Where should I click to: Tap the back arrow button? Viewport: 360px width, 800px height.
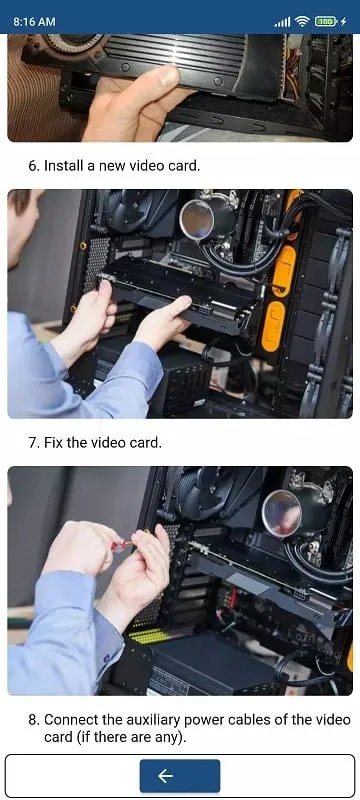pyautogui.click(x=179, y=776)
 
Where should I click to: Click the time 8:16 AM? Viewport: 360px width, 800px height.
pyautogui.click(x=35, y=22)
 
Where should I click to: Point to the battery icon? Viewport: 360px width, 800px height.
pyautogui.click(x=325, y=21)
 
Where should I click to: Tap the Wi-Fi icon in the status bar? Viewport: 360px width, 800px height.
pyautogui.click(x=302, y=21)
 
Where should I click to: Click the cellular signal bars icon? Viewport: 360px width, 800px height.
pyautogui.click(x=282, y=22)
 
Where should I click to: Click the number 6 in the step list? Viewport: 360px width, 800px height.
pyautogui.click(x=33, y=166)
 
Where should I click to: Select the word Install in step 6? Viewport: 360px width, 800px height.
pyautogui.click(x=63, y=166)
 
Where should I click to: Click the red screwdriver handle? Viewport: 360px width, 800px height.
pyautogui.click(x=122, y=545)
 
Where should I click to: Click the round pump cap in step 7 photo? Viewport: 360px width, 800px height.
pyautogui.click(x=282, y=513)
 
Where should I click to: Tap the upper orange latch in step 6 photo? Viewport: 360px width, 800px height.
pyautogui.click(x=285, y=270)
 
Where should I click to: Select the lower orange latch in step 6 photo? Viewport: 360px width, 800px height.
pyautogui.click(x=273, y=327)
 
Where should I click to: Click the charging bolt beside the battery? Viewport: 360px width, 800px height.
pyautogui.click(x=344, y=21)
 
